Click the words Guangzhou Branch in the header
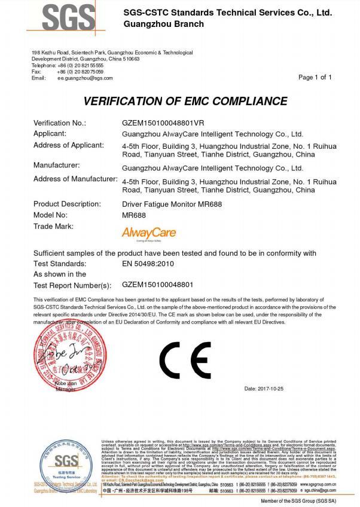click(x=163, y=24)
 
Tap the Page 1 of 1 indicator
click(x=315, y=77)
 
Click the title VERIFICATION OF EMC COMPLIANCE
click(x=185, y=101)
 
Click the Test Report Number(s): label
click(x=72, y=285)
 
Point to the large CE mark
click(x=185, y=361)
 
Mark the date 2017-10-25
click(x=264, y=389)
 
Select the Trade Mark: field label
click(x=53, y=226)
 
